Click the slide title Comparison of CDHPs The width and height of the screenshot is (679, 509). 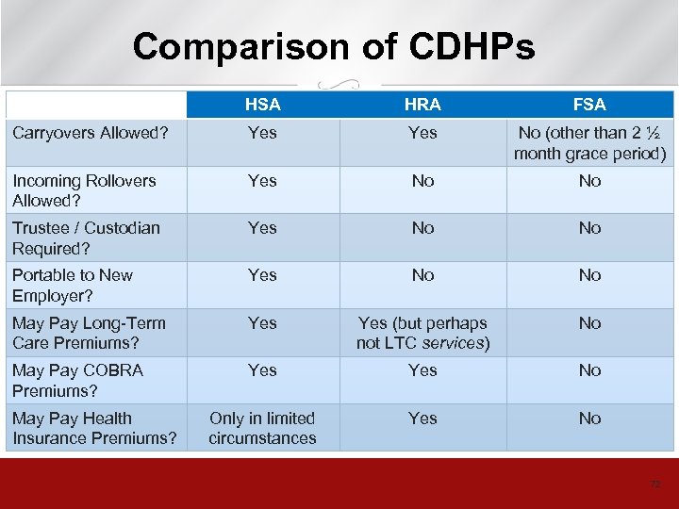tap(334, 46)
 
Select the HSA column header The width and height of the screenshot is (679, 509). tap(262, 105)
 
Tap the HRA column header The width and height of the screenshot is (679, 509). tap(422, 105)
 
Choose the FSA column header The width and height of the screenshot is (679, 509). tap(589, 105)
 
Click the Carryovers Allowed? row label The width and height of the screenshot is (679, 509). tap(90, 133)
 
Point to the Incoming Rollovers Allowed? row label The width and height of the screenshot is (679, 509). tap(84, 190)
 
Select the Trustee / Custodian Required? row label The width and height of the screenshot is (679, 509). tap(86, 238)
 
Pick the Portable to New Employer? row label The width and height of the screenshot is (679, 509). tap(73, 286)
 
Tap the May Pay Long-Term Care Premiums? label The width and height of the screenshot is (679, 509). tap(89, 333)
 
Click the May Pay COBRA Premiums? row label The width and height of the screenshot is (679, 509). tap(77, 380)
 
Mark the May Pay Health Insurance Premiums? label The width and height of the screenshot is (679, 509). tap(94, 428)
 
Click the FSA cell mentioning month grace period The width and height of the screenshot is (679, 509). tap(589, 143)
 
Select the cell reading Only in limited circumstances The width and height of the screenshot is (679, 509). tap(262, 428)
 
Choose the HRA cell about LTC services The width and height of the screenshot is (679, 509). tap(422, 333)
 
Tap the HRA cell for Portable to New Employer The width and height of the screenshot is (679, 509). tap(422, 275)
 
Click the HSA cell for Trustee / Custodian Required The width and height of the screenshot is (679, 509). tap(262, 228)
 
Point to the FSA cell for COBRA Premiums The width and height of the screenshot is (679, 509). tap(589, 370)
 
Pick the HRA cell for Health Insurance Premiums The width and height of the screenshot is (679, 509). tap(422, 418)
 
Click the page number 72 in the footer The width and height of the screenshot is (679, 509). tap(654, 484)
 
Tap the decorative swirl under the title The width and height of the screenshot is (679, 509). tap(339, 82)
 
